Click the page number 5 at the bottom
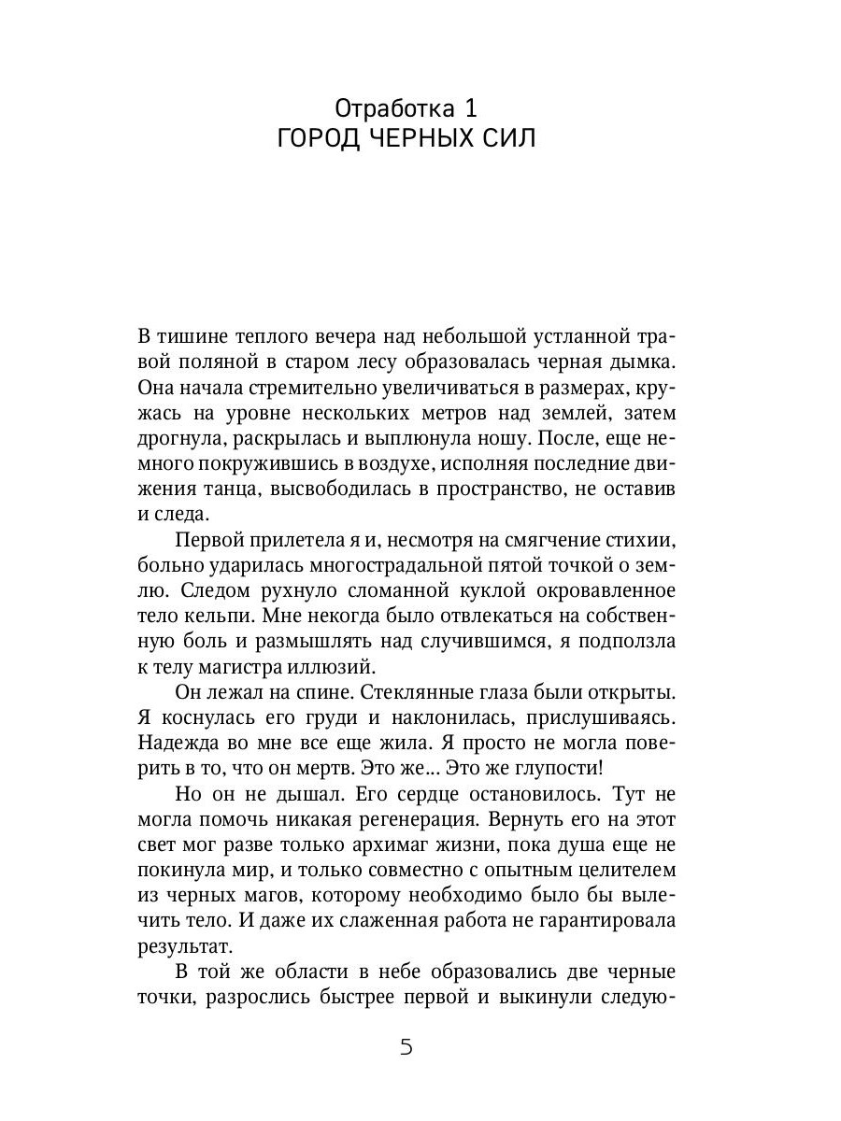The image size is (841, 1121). pos(406,1046)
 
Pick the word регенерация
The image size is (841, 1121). pos(488,818)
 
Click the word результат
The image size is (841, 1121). pos(180,945)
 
